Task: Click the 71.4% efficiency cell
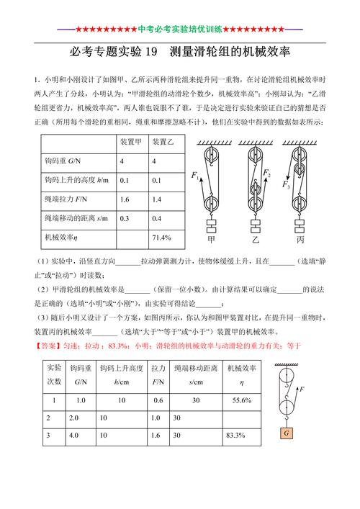pyautogui.click(x=161, y=237)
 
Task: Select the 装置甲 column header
pyautogui.click(x=130, y=142)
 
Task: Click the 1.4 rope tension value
pyautogui.click(x=157, y=199)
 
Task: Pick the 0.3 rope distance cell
pyautogui.click(x=125, y=217)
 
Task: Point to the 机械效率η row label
pyautogui.click(x=61, y=237)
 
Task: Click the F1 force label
pyautogui.click(x=195, y=176)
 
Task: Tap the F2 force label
pyautogui.click(x=266, y=174)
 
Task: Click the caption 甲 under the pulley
pyautogui.click(x=211, y=238)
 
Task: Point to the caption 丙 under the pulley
pyautogui.click(x=299, y=238)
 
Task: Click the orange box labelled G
pyautogui.click(x=287, y=434)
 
